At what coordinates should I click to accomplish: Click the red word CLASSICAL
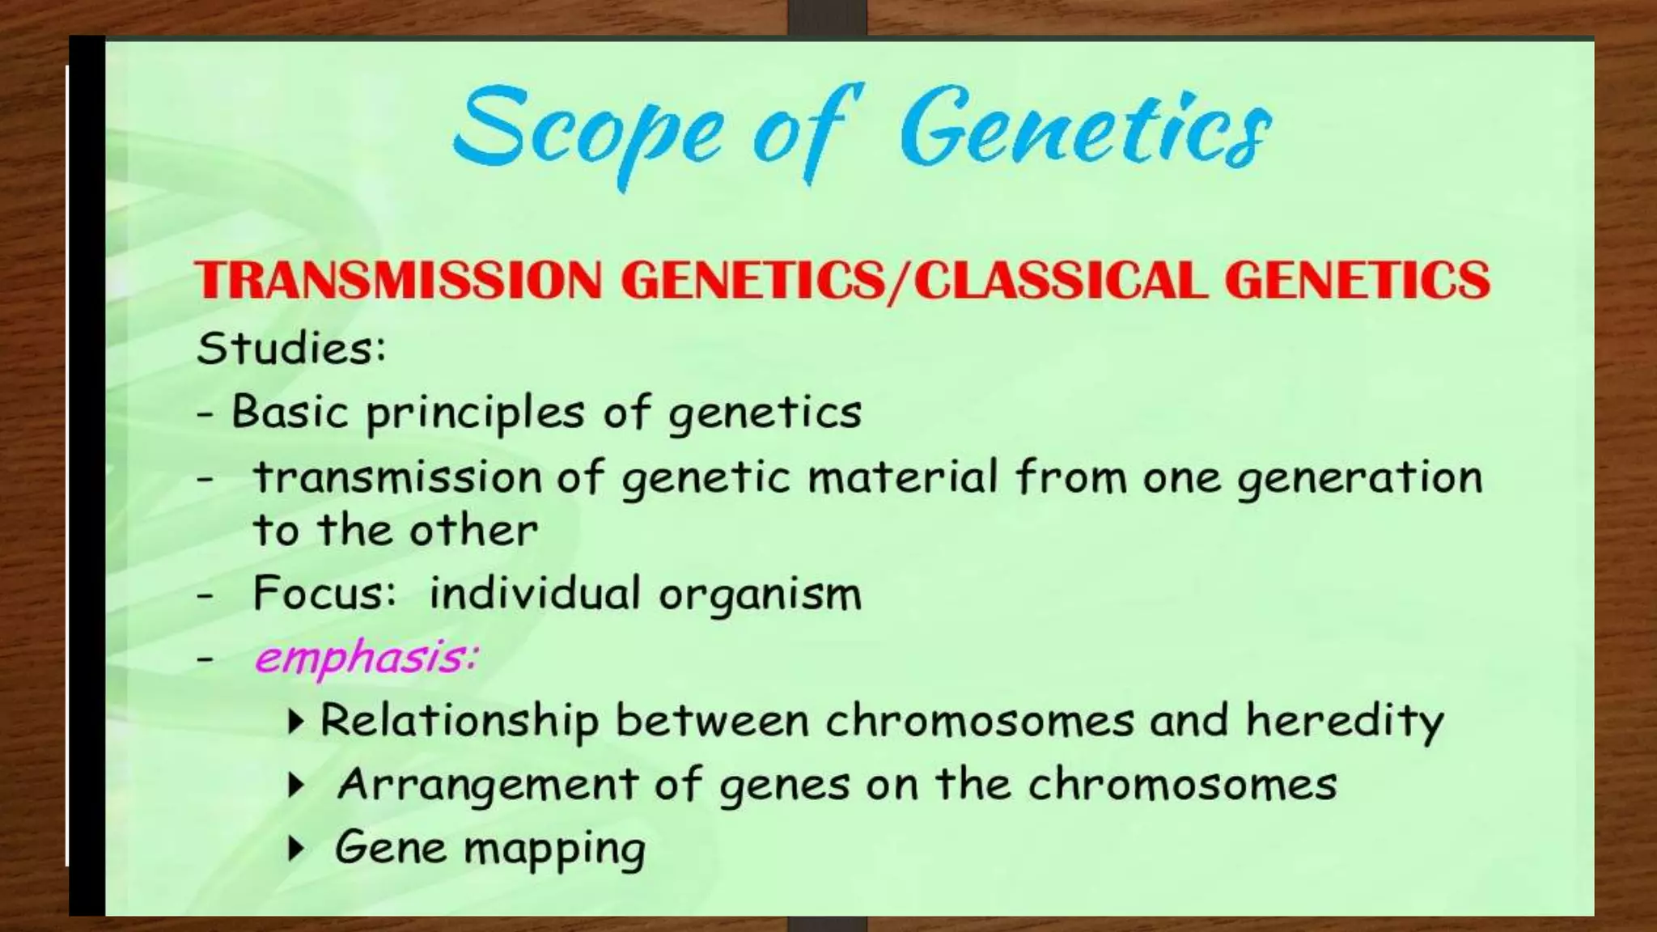(1060, 280)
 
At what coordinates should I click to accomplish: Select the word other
(473, 532)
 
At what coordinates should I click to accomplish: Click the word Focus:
(324, 594)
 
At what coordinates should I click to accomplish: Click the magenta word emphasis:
(367, 657)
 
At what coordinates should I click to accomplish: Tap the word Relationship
(460, 721)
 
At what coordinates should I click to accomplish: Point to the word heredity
(1344, 721)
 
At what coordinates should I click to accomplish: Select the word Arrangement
(489, 786)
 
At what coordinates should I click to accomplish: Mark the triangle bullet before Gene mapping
(297, 849)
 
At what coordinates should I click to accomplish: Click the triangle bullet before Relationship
(297, 721)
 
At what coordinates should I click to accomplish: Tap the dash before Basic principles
(206, 415)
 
